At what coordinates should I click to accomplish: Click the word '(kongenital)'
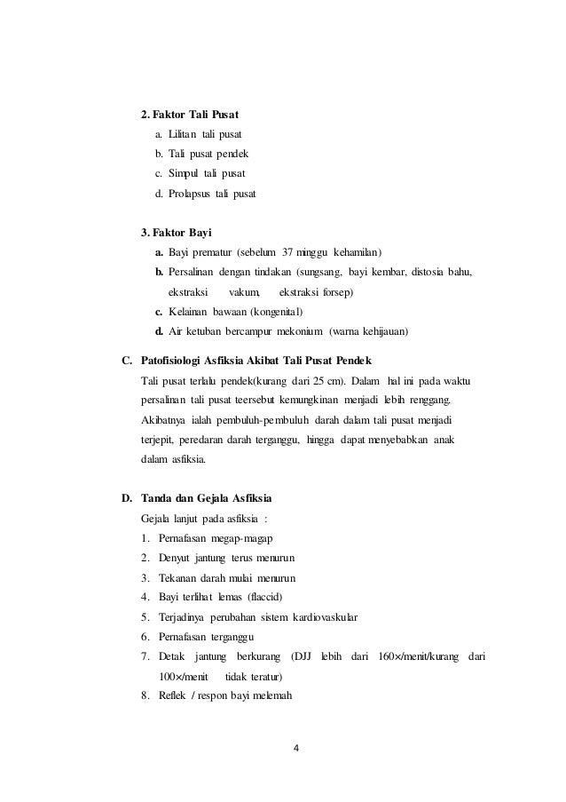[278, 312]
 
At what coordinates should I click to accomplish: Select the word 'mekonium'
[297, 332]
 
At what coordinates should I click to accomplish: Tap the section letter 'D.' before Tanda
[128, 498]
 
